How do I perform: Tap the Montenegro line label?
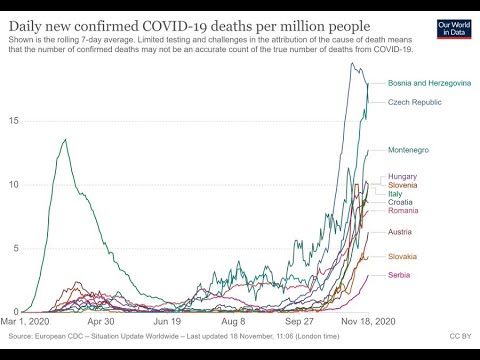(x=408, y=150)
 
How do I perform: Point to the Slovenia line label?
(x=405, y=185)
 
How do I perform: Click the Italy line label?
(x=397, y=194)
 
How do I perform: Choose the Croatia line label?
(x=402, y=202)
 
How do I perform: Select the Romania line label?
(x=404, y=211)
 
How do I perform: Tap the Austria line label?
(x=402, y=233)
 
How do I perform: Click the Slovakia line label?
(x=404, y=257)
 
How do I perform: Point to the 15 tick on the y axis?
(x=12, y=121)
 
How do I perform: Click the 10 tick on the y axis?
(x=12, y=185)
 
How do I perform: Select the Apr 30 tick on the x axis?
(x=101, y=323)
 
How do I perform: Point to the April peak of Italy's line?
(x=65, y=140)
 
